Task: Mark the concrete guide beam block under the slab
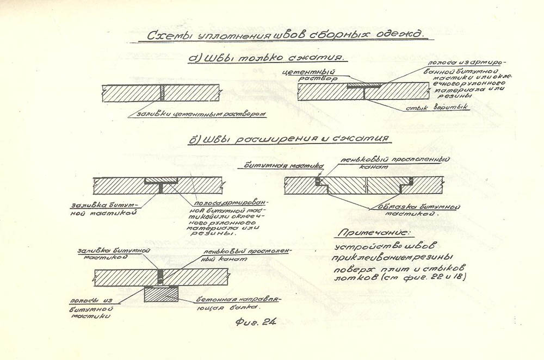[x=163, y=294]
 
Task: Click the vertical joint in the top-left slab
[x=162, y=93]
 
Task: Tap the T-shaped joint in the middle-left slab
[x=162, y=187]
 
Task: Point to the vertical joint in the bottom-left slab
[x=161, y=277]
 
